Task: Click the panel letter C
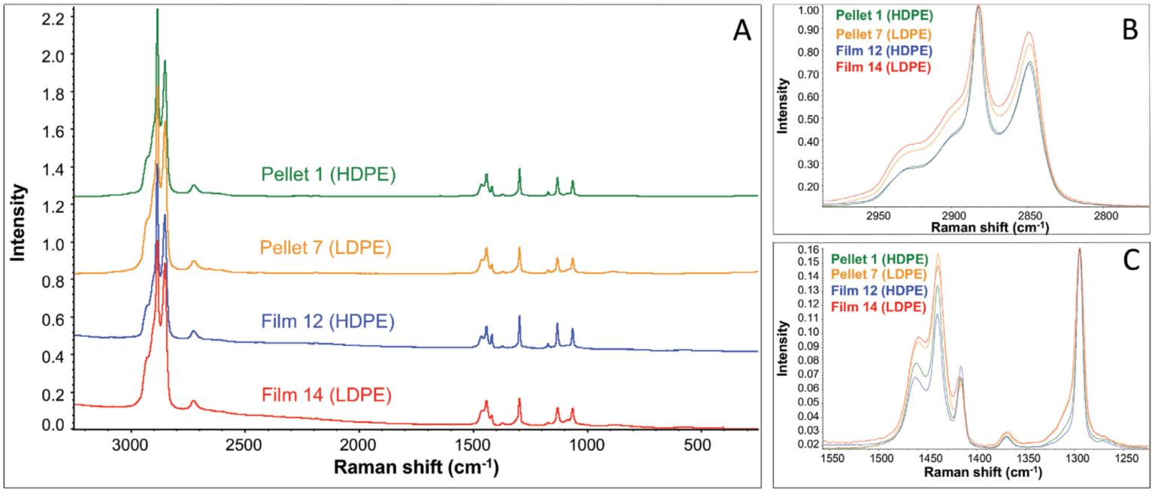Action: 1129,260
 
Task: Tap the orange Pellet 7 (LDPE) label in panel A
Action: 328,248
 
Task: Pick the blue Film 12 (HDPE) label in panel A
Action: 328,321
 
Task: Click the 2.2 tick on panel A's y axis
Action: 51,17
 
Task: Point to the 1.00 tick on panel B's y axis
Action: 807,11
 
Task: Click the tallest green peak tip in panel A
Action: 157,10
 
